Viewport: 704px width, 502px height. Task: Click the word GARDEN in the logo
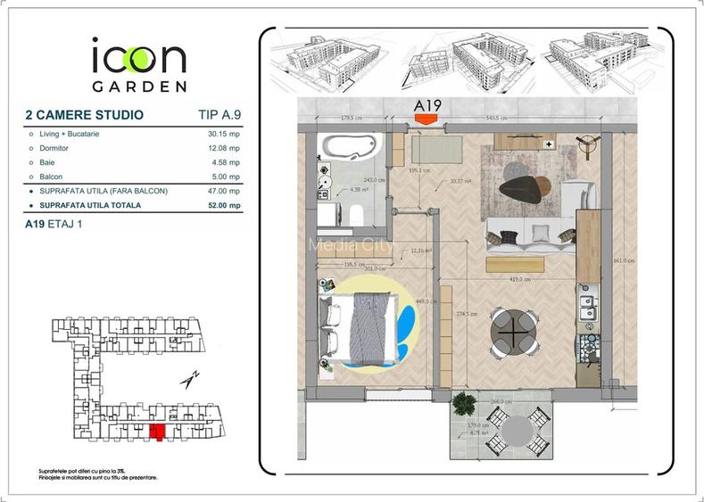(139, 86)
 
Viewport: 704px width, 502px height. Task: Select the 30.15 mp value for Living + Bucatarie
(223, 135)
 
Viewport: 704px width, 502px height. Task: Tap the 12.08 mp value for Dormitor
(223, 149)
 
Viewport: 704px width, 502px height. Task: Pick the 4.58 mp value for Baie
(227, 163)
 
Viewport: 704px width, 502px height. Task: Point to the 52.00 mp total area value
(223, 206)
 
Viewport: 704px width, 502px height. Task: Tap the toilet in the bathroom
(354, 212)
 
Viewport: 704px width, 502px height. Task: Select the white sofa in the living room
(529, 234)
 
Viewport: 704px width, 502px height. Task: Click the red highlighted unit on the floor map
(158, 433)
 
